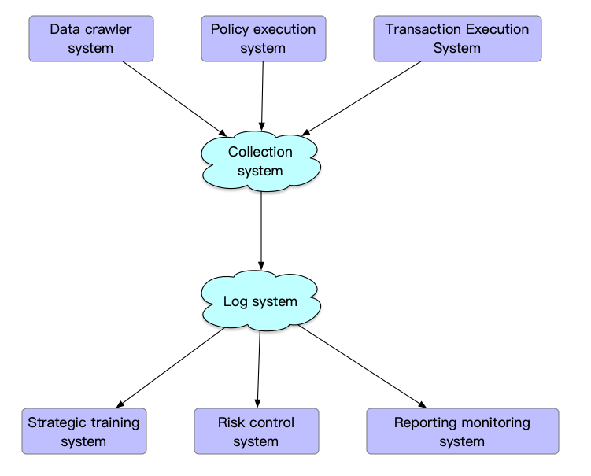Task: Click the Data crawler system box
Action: (91, 39)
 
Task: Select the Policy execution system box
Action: (263, 39)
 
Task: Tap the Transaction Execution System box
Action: (456, 39)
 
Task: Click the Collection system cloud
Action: (260, 161)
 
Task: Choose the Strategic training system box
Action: (83, 431)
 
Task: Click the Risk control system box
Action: (257, 431)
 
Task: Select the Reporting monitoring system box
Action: (462, 431)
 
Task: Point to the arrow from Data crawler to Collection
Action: (173, 98)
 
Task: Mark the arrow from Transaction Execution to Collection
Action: (362, 98)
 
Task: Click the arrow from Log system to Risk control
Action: (258, 367)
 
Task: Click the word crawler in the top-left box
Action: (109, 30)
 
